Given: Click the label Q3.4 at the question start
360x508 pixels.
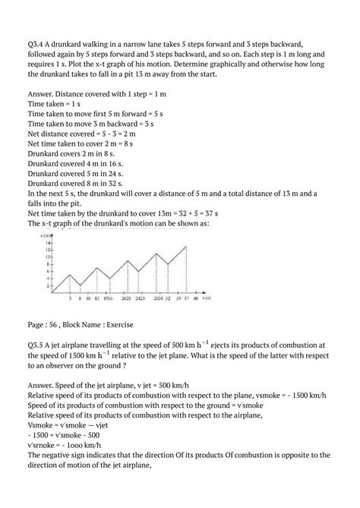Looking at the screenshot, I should click(36, 44).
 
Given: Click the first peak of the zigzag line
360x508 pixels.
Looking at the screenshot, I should click(69, 275).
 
